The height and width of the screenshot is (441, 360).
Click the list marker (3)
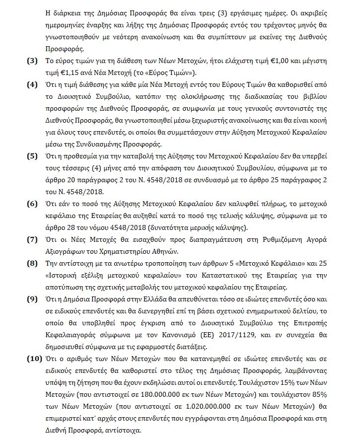pyautogui.click(x=32, y=61)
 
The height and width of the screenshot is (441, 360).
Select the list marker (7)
pyautogui.click(x=32, y=239)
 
